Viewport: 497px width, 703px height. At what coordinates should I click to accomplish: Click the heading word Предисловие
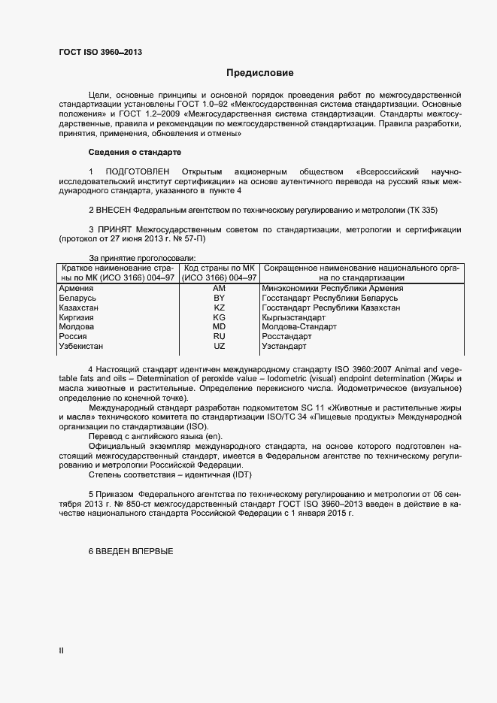260,73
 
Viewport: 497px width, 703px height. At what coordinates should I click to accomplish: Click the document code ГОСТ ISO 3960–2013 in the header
100,52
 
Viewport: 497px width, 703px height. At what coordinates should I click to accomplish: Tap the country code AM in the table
220,288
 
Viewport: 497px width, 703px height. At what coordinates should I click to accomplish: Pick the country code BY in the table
220,298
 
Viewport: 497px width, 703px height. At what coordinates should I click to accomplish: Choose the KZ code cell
220,308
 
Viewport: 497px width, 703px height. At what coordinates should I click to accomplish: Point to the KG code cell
220,318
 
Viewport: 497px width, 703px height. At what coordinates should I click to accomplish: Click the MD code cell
220,328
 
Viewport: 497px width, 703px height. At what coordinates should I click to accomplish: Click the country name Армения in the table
76,288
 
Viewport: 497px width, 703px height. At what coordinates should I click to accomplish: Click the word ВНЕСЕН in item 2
115,210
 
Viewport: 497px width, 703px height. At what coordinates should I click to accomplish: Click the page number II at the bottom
62,651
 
